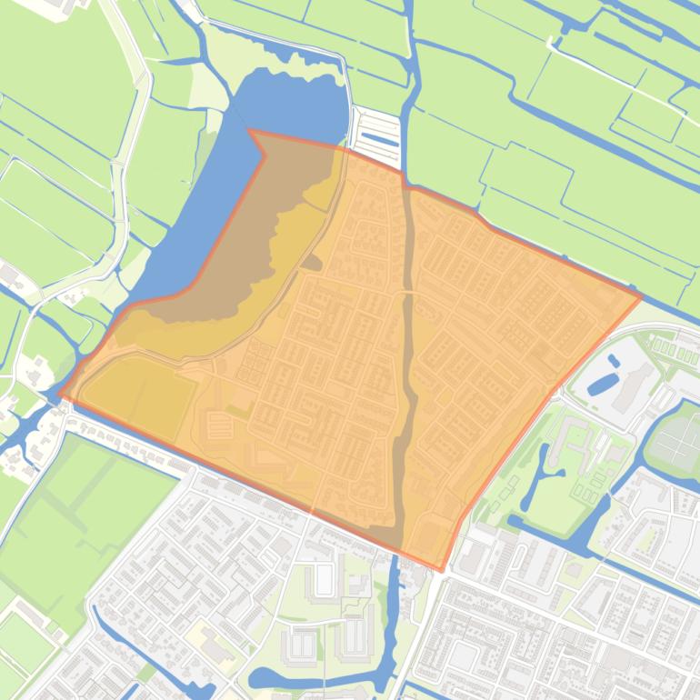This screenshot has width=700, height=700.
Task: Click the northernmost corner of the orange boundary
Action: click(250, 131)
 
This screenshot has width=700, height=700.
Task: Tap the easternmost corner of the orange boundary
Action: click(642, 295)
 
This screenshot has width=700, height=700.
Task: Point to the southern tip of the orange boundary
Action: click(442, 571)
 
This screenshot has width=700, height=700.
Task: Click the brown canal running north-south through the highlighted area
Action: click(406, 364)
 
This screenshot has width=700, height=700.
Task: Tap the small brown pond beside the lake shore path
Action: click(312, 264)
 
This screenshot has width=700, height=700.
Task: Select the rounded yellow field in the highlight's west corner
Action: click(141, 392)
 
